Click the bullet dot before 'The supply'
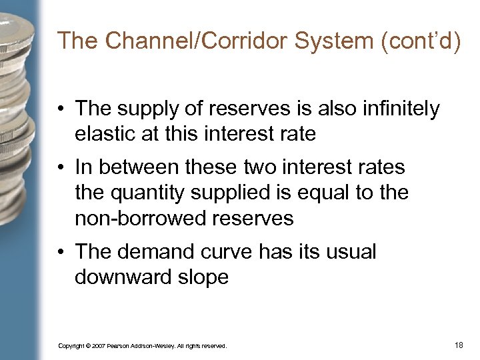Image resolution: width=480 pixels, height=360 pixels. click(x=62, y=109)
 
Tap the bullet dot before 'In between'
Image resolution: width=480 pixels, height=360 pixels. click(x=62, y=167)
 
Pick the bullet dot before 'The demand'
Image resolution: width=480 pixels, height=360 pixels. click(x=62, y=252)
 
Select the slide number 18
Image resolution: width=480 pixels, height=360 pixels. click(x=458, y=345)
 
